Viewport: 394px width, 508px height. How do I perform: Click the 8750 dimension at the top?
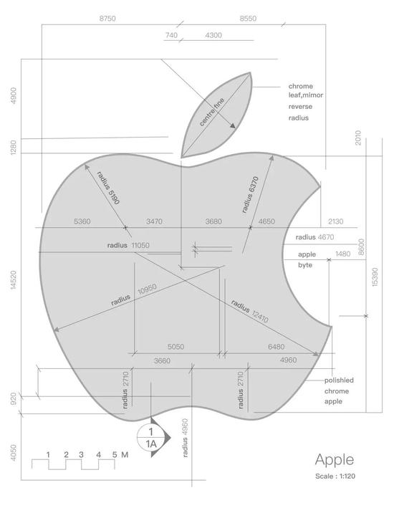(107, 19)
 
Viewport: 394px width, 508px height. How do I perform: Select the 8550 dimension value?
(248, 19)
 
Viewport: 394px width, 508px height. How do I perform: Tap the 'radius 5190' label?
(108, 188)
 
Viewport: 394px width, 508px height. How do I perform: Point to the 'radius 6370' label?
(250, 195)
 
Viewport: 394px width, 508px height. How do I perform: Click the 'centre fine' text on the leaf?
(212, 112)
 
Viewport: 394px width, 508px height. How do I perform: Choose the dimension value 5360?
(82, 221)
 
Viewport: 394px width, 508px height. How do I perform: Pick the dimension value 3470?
(154, 221)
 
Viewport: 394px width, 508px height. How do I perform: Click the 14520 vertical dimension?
(13, 280)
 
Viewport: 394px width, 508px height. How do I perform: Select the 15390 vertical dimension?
(375, 277)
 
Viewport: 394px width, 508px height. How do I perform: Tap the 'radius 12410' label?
(250, 312)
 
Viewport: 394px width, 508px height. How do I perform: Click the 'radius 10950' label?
(134, 294)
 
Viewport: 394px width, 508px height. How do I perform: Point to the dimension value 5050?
(176, 347)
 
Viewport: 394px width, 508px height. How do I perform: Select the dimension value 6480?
(276, 347)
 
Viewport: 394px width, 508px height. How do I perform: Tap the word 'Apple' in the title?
(335, 460)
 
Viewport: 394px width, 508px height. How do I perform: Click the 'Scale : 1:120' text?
(335, 476)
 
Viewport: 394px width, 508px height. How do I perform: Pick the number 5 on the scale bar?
(115, 454)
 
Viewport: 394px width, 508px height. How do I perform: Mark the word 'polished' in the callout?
(339, 380)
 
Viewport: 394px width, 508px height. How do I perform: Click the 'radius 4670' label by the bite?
(314, 237)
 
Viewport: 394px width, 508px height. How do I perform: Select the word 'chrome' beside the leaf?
(301, 86)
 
